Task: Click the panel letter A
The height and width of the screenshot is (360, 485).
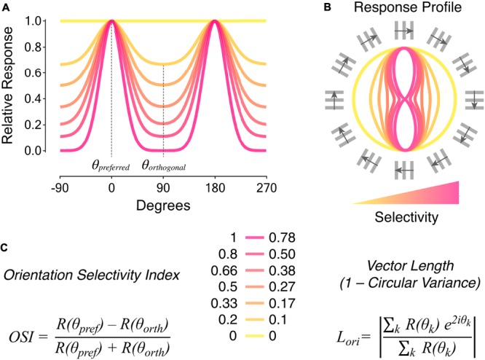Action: pos(6,6)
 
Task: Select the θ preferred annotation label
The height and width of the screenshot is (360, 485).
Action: pos(111,166)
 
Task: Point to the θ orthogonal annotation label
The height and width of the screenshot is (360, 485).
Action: pos(164,166)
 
